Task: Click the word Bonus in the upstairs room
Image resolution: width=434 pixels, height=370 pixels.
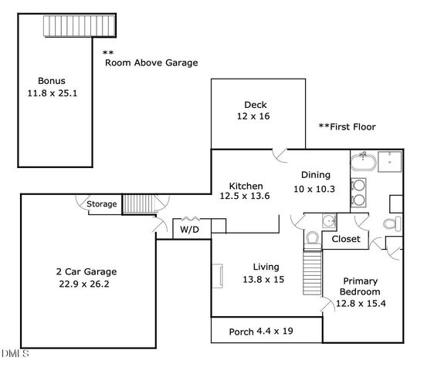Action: click(52, 80)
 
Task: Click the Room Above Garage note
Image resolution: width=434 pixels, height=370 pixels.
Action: click(151, 62)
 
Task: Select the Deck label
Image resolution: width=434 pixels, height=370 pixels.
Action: click(256, 105)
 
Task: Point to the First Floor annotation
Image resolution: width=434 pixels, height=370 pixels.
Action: click(347, 126)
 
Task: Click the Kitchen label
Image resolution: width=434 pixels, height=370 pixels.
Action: click(246, 186)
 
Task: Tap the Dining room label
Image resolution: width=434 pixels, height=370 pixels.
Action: click(315, 175)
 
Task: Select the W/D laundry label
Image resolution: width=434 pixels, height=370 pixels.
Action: click(188, 230)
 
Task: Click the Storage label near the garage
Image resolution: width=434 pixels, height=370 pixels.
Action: click(102, 204)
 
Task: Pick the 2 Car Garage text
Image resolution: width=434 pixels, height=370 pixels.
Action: click(86, 271)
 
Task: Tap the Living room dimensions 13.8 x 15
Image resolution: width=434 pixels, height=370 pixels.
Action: click(263, 279)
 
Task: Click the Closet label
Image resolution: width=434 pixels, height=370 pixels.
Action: click(345, 239)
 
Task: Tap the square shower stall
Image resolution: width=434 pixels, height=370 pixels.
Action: click(392, 162)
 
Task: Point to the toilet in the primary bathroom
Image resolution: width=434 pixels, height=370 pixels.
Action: click(391, 224)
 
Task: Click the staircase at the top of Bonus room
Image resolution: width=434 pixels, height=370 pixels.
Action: click(79, 29)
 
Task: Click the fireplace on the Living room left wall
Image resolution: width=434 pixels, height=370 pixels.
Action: click(217, 274)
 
